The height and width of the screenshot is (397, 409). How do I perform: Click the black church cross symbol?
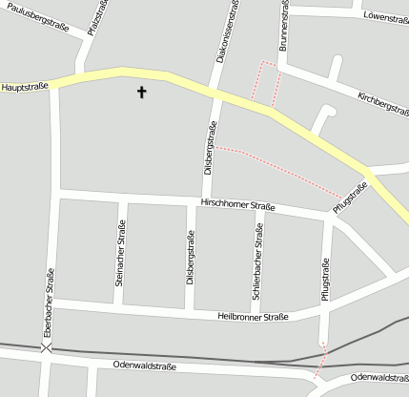142,93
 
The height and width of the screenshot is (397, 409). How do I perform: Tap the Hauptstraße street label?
25,87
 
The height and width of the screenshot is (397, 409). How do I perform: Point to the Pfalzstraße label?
94,18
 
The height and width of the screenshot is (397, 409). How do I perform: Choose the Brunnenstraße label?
284,25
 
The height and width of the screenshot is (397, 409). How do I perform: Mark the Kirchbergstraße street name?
382,110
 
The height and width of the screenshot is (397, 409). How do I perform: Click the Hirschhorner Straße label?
237,204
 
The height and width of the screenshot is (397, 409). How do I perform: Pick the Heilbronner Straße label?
252,317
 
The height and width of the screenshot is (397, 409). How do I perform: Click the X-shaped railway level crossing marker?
47,348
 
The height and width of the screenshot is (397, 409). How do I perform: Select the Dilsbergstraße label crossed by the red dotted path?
210,148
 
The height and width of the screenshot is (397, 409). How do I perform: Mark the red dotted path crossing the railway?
321,360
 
